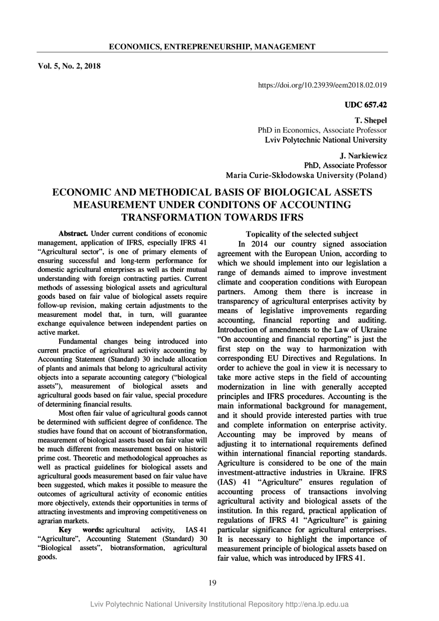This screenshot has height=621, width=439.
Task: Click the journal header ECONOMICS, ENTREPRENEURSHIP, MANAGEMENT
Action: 212,47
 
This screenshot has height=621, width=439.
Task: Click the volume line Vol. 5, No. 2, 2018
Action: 69,65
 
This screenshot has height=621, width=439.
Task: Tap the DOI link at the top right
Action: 322,86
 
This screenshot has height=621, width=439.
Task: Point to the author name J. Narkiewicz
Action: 363,156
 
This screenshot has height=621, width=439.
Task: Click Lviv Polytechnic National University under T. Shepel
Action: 326,140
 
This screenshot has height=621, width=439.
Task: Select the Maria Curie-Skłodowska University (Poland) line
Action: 307,175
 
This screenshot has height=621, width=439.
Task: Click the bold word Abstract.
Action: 74,233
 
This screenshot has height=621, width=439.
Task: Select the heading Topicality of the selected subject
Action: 302,234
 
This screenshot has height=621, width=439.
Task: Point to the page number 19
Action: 212,582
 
